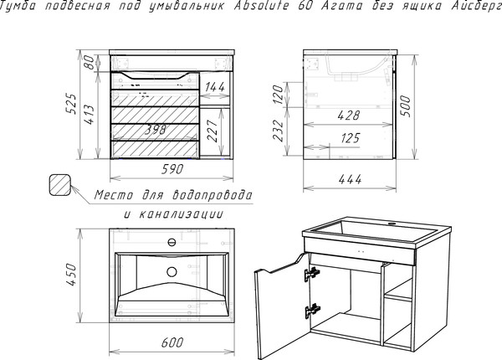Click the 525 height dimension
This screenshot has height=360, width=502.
71,104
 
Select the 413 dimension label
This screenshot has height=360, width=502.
89,115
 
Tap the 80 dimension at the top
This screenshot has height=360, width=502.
90,62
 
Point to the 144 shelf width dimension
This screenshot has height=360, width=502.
215,87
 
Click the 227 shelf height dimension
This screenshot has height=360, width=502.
213,131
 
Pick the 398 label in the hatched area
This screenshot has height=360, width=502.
156,130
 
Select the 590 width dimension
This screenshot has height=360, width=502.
172,169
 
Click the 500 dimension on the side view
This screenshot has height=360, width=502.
404,106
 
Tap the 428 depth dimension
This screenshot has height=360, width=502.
349,116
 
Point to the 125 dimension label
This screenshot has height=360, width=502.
351,138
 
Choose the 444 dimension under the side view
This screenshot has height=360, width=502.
350,179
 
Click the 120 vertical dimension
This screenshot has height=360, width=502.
279,94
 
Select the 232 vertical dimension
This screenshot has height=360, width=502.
279,131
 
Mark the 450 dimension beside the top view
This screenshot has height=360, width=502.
71,275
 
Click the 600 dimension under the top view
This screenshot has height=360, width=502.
172,342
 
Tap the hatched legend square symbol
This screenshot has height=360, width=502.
60,185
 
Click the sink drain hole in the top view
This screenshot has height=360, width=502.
172,272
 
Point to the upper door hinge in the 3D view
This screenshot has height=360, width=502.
312,274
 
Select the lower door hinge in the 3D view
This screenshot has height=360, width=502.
312,311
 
